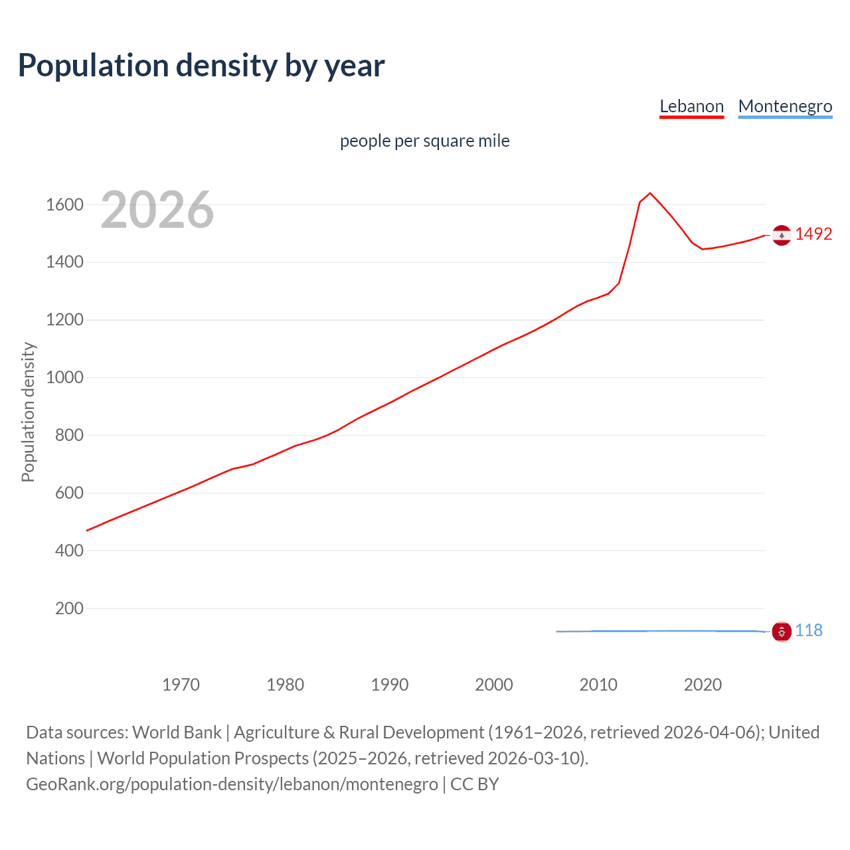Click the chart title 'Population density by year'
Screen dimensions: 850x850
pyautogui.click(x=201, y=66)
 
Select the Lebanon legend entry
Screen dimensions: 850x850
pyautogui.click(x=691, y=106)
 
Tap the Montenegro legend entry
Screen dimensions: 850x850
pyautogui.click(x=785, y=106)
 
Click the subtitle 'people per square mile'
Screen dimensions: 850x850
pyautogui.click(x=424, y=141)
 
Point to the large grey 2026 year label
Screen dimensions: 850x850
pyautogui.click(x=157, y=210)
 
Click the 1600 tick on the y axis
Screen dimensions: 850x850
pyautogui.click(x=64, y=205)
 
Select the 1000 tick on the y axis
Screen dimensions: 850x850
pyautogui.click(x=64, y=377)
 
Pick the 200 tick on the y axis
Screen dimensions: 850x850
pyautogui.click(x=69, y=608)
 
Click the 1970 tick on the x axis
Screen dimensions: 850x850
pyautogui.click(x=181, y=685)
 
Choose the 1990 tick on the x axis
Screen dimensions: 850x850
pyautogui.click(x=390, y=685)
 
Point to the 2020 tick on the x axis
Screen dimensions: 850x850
pyautogui.click(x=703, y=685)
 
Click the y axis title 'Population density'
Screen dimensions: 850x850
pyautogui.click(x=28, y=412)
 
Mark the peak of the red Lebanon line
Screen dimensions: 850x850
pyautogui.click(x=650, y=193)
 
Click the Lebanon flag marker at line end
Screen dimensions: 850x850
pyautogui.click(x=782, y=235)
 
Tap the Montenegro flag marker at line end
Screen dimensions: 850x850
pyautogui.click(x=782, y=632)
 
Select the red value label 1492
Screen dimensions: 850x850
pyautogui.click(x=813, y=234)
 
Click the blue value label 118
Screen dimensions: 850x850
pyautogui.click(x=809, y=630)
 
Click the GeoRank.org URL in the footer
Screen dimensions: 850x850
pyautogui.click(x=232, y=784)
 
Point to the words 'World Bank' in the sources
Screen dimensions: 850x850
pyautogui.click(x=177, y=732)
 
